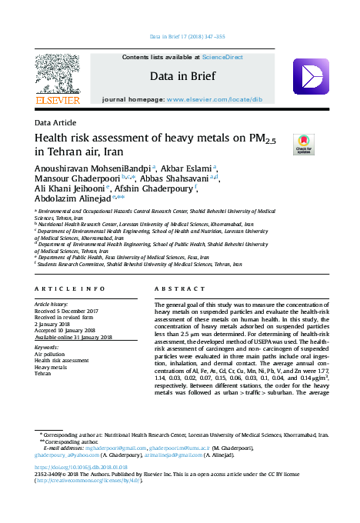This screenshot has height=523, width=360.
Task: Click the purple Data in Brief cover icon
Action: (x=311, y=76)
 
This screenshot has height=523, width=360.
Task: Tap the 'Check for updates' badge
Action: (x=305, y=144)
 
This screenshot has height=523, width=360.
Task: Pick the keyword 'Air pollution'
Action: (x=52, y=355)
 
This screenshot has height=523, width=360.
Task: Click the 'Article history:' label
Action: (x=53, y=305)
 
